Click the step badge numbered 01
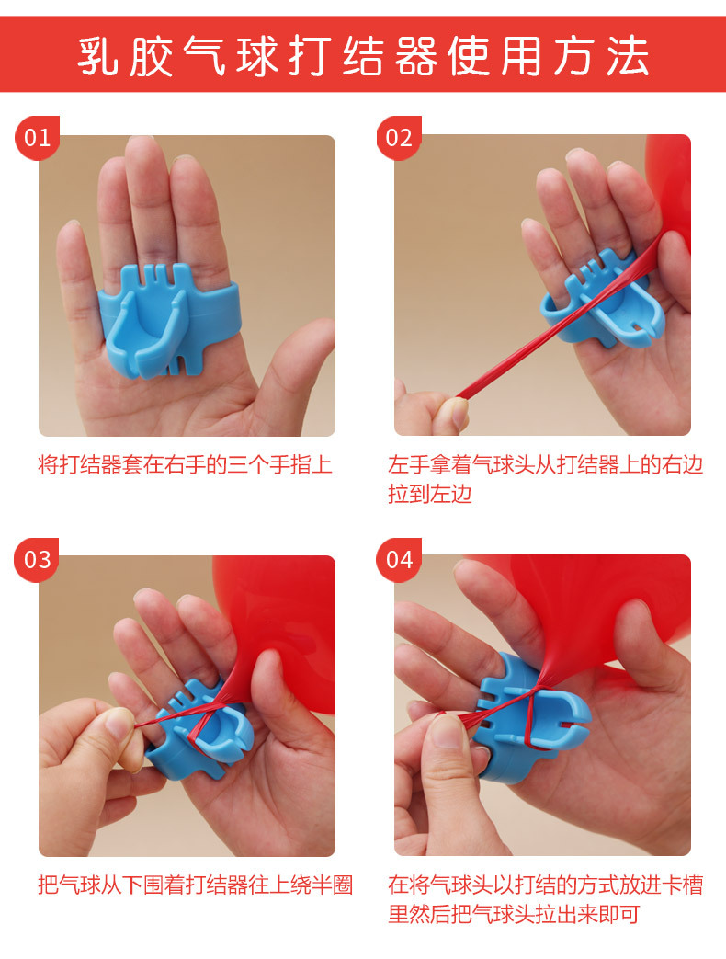pos(37,138)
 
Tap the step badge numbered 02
pos(399,138)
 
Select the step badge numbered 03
pos(37,559)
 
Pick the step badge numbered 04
pos(399,559)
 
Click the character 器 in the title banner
pos(416,56)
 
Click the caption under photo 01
pos(185,464)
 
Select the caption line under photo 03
pos(195,885)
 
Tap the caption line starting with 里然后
pos(513,915)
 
